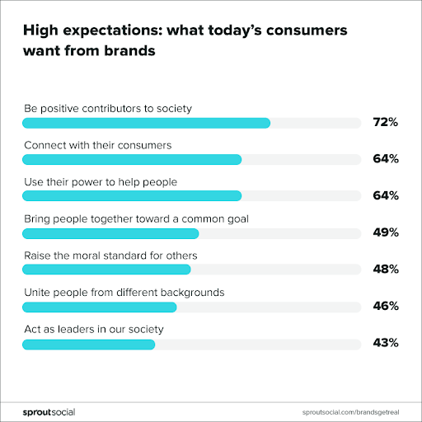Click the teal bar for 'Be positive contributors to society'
pyautogui.click(x=146, y=123)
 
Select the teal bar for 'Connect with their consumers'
pyautogui.click(x=132, y=159)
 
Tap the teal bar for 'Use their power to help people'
pyautogui.click(x=132, y=196)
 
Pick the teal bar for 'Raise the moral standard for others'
pyautogui.click(x=106, y=270)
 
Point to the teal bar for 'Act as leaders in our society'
pyautogui.click(x=89, y=344)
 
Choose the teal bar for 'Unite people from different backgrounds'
pyautogui.click(x=100, y=307)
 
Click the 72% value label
pyautogui.click(x=385, y=123)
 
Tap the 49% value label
pyautogui.click(x=385, y=232)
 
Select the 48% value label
pyautogui.click(x=385, y=270)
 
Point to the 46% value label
pyautogui.click(x=385, y=306)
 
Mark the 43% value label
pyautogui.click(x=385, y=343)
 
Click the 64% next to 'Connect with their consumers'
pyautogui.click(x=385, y=159)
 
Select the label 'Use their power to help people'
pyautogui.click(x=100, y=181)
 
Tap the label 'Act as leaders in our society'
pyautogui.click(x=93, y=329)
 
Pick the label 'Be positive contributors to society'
pyautogui.click(x=107, y=108)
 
